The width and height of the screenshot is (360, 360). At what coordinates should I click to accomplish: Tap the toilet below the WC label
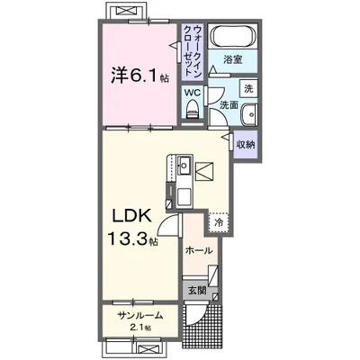[192, 108]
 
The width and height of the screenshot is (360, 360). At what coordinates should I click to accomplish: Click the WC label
[192, 92]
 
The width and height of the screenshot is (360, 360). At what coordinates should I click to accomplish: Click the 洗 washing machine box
[249, 89]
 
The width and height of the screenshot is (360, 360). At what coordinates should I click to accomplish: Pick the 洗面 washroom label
[228, 105]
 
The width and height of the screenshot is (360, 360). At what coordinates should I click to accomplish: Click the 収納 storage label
[246, 143]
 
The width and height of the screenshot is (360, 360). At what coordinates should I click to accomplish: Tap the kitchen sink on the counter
[182, 165]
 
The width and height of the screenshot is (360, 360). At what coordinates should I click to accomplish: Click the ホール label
[198, 250]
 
